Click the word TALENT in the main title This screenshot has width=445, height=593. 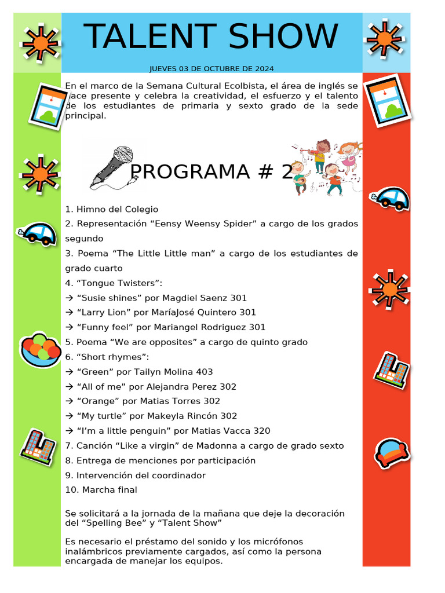pyautogui.click(x=149, y=37)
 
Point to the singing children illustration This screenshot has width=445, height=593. pyautogui.click(x=327, y=167)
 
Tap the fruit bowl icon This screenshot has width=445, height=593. pyautogui.click(x=40, y=350)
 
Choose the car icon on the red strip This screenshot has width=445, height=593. pyautogui.click(x=390, y=198)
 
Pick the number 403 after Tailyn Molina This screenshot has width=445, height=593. pyautogui.click(x=204, y=372)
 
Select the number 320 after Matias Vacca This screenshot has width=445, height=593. pyautogui.click(x=261, y=431)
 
